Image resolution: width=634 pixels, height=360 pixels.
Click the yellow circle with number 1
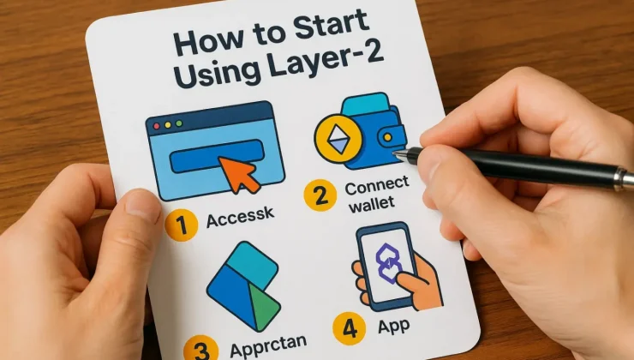point(181,225)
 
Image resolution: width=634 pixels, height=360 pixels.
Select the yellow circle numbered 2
point(320,195)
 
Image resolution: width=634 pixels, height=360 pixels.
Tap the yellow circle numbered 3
point(201,348)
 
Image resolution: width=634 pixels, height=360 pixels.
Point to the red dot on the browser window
point(157,127)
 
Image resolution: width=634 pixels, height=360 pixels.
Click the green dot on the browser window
point(179,123)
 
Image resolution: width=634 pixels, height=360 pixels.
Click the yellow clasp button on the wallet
point(387,137)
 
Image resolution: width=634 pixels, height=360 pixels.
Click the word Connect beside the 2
point(377,186)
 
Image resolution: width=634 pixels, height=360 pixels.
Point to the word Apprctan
point(268,345)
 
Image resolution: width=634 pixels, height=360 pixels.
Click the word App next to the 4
point(394,325)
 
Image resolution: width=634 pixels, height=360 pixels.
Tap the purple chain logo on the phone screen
point(387,263)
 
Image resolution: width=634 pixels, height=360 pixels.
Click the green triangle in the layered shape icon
point(264,305)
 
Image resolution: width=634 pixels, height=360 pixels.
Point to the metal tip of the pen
point(400,154)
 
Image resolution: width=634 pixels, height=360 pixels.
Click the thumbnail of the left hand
point(142,207)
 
